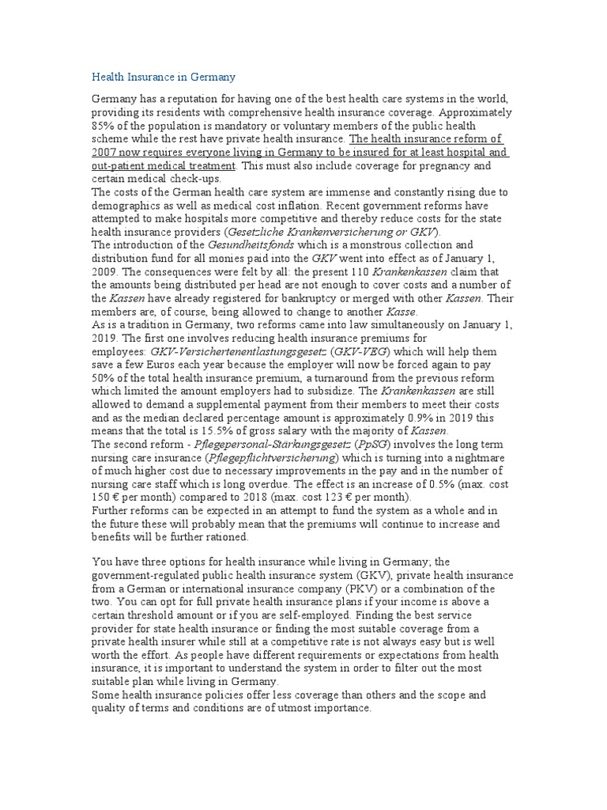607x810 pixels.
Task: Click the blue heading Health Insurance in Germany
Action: (x=164, y=77)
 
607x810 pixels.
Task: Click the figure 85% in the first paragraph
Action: (x=104, y=125)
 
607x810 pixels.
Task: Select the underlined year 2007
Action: (x=106, y=152)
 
